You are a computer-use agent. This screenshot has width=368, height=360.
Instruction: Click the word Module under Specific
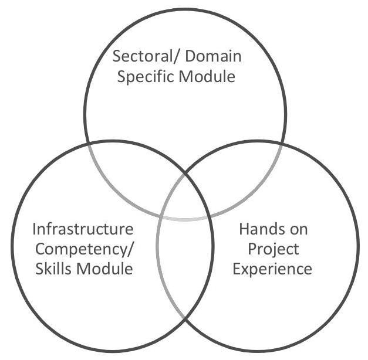point(207,77)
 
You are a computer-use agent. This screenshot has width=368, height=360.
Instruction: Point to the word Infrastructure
point(82,229)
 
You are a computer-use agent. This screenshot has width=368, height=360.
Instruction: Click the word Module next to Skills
point(106,269)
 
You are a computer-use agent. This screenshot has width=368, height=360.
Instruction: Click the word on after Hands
point(299,229)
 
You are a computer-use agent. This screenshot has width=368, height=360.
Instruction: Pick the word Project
point(272,249)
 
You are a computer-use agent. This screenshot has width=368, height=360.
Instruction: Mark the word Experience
point(272,269)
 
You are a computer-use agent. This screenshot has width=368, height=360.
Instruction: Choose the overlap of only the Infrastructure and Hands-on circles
point(185,264)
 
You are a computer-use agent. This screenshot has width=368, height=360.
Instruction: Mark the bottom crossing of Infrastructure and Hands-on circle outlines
point(185,321)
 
